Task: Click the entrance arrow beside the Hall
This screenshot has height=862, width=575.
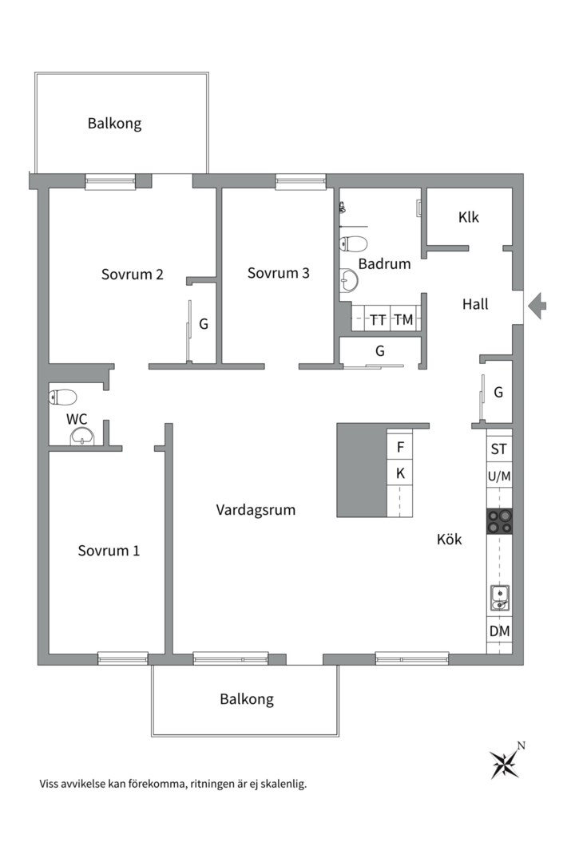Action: pos(537,305)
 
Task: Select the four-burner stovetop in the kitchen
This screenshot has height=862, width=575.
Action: pos(499,521)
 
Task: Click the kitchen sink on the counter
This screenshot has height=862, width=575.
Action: pos(500,598)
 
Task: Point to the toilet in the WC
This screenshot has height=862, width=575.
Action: pos(63,397)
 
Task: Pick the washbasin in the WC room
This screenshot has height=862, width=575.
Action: pos(82,437)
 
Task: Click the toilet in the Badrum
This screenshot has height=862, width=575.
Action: pos(353,243)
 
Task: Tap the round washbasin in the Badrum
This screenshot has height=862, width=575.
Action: pos(348,280)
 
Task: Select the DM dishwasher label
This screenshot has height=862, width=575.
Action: pos(500,631)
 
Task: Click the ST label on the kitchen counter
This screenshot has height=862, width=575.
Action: pos(498,449)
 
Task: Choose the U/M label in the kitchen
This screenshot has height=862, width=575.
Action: pos(499,476)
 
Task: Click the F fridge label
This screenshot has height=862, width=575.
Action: pos(401,447)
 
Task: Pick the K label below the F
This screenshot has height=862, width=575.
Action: pos(401,473)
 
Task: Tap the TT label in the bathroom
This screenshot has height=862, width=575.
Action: pos(378,320)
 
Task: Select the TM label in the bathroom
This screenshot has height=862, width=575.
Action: pos(403,319)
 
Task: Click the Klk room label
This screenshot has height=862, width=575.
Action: pos(468,217)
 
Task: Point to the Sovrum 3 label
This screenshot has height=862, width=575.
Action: pos(279,273)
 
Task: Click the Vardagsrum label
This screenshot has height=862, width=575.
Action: pos(256,509)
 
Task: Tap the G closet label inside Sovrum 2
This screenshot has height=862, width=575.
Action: pos(204,324)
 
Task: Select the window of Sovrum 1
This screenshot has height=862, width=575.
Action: pos(123,658)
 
